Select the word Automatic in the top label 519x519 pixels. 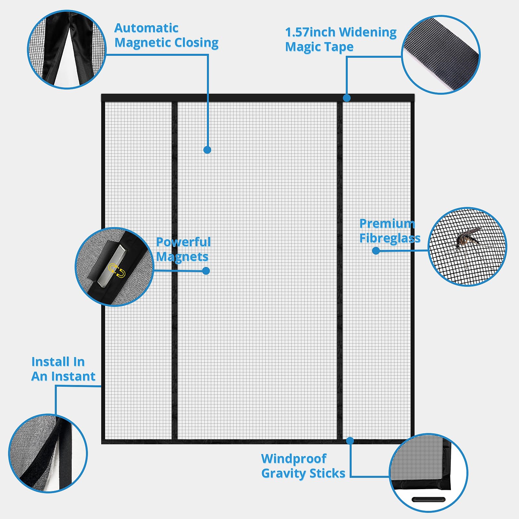[146, 28]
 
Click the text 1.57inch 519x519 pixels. [310, 32]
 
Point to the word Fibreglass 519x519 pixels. [390, 238]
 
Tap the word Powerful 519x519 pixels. [183, 242]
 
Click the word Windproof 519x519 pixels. [294, 459]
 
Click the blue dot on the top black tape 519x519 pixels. [347, 98]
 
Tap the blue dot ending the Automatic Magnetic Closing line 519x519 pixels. [207, 150]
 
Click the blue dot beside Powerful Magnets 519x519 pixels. [206, 271]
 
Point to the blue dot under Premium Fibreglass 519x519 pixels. [376, 250]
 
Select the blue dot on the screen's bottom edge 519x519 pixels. [350, 441]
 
